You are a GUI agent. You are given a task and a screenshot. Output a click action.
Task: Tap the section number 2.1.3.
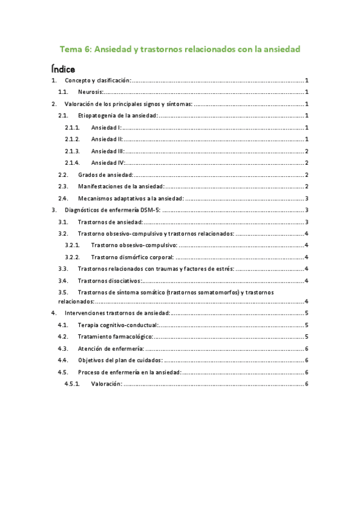click(x=72, y=151)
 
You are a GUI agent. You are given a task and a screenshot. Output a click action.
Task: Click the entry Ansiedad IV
click(x=107, y=163)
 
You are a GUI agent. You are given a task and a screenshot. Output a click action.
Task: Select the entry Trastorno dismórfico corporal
click(x=133, y=257)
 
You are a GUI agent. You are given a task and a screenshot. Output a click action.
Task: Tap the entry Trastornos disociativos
click(x=110, y=280)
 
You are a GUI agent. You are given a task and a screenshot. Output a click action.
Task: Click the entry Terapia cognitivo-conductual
click(x=118, y=325)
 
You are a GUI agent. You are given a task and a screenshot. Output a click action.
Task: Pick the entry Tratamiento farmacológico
click(x=115, y=337)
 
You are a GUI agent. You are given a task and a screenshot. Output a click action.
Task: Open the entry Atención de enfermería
click(x=111, y=349)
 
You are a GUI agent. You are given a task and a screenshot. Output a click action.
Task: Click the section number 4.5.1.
click(x=72, y=384)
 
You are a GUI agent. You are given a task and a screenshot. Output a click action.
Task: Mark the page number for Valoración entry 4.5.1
click(x=307, y=384)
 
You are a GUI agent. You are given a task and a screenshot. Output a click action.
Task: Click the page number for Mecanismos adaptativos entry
click(x=307, y=198)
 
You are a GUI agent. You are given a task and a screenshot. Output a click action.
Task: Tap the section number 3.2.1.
click(x=72, y=245)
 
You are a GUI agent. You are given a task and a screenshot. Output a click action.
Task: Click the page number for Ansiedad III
click(x=307, y=151)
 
